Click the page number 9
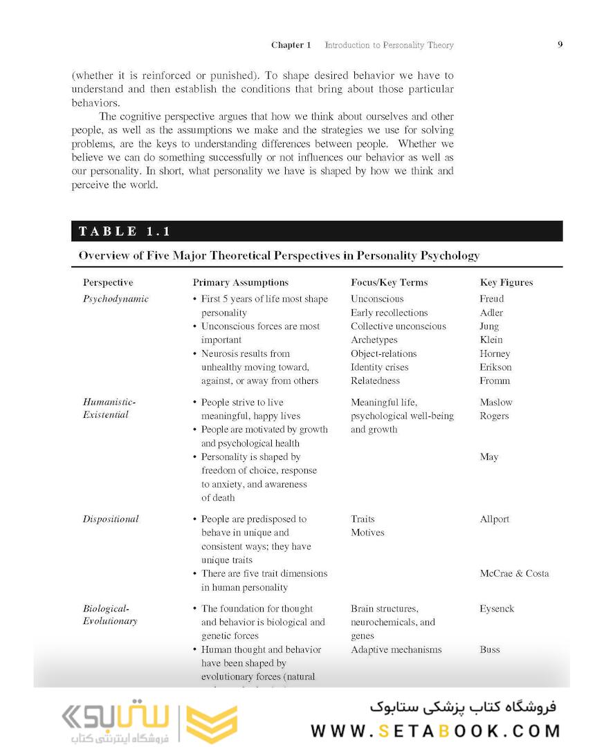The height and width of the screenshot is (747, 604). pos(560,45)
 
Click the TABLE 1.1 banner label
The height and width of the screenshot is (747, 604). pos(125,232)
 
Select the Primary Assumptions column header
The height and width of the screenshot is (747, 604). pos(240,282)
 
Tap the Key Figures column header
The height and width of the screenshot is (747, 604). pos(506,282)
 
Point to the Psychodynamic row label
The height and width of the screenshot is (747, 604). pos(116,299)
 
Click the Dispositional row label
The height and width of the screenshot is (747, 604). pos(111,519)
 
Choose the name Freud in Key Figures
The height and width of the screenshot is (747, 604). pos(491,299)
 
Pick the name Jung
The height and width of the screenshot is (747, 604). pos(489,326)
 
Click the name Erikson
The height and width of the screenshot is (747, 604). pos(496,367)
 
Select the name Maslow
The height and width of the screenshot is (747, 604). pos(496,402)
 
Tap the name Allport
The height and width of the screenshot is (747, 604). pos(494,519)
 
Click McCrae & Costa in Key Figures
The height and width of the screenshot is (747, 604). pos(514,573)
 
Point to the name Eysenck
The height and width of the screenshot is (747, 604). pos(497,609)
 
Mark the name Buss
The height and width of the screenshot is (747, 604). pos(490,649)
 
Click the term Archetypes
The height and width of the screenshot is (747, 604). pos(374,340)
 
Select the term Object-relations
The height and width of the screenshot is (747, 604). pos(383,353)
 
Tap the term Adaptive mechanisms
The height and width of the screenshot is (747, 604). pos(396,649)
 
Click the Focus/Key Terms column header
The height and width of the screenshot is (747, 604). pos(389,282)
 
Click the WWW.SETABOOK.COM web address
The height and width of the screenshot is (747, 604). pos(435,731)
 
